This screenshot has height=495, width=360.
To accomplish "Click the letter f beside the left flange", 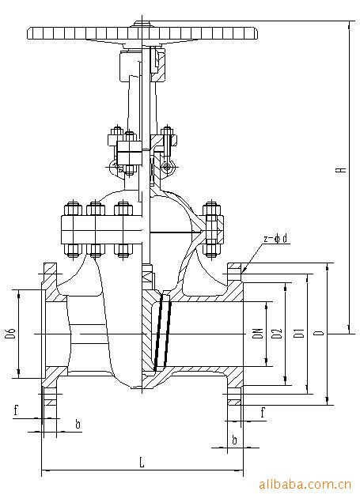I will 15,409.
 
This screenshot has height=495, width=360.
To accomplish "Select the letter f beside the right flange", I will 262,411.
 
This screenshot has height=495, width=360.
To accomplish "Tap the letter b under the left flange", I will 77,425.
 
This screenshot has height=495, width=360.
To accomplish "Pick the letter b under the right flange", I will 234,437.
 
